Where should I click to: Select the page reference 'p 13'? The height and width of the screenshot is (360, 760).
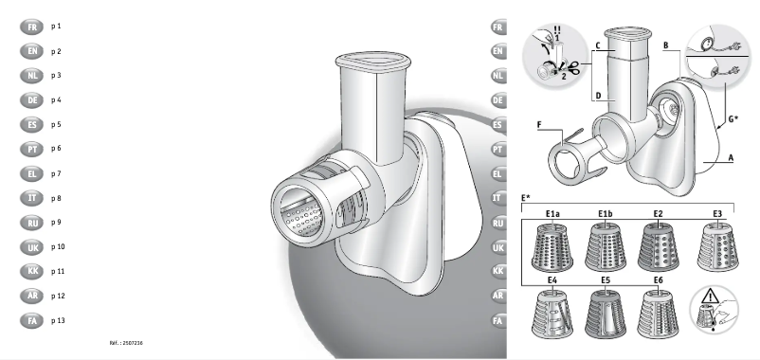point(58,322)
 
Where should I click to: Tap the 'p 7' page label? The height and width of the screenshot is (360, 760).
point(56,173)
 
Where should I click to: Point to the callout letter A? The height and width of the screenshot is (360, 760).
point(731,160)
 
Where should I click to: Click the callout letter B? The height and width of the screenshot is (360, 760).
point(666,45)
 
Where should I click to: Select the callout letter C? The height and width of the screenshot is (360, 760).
point(598,45)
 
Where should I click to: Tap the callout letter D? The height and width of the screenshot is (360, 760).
point(598,95)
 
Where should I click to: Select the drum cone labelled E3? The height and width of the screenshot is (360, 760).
point(717,249)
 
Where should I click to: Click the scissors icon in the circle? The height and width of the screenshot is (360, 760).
point(572,67)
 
